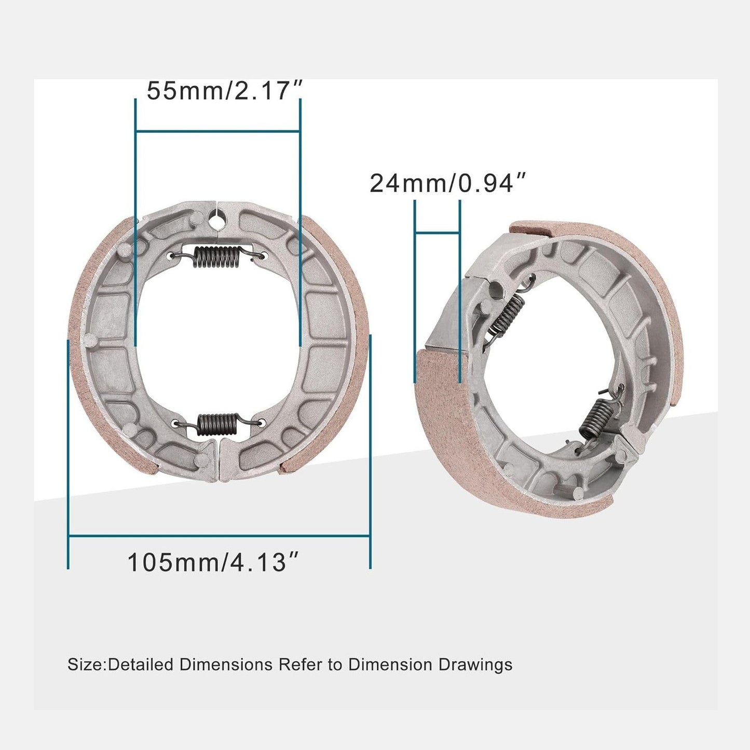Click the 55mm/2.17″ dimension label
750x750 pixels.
[224, 91]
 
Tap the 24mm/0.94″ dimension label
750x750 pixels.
[448, 183]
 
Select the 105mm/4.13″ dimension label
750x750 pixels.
[214, 562]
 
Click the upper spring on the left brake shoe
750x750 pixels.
[216, 256]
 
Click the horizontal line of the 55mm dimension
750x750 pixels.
[217, 132]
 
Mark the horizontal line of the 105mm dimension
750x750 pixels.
[219, 536]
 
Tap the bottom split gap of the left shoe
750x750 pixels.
[220, 459]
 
